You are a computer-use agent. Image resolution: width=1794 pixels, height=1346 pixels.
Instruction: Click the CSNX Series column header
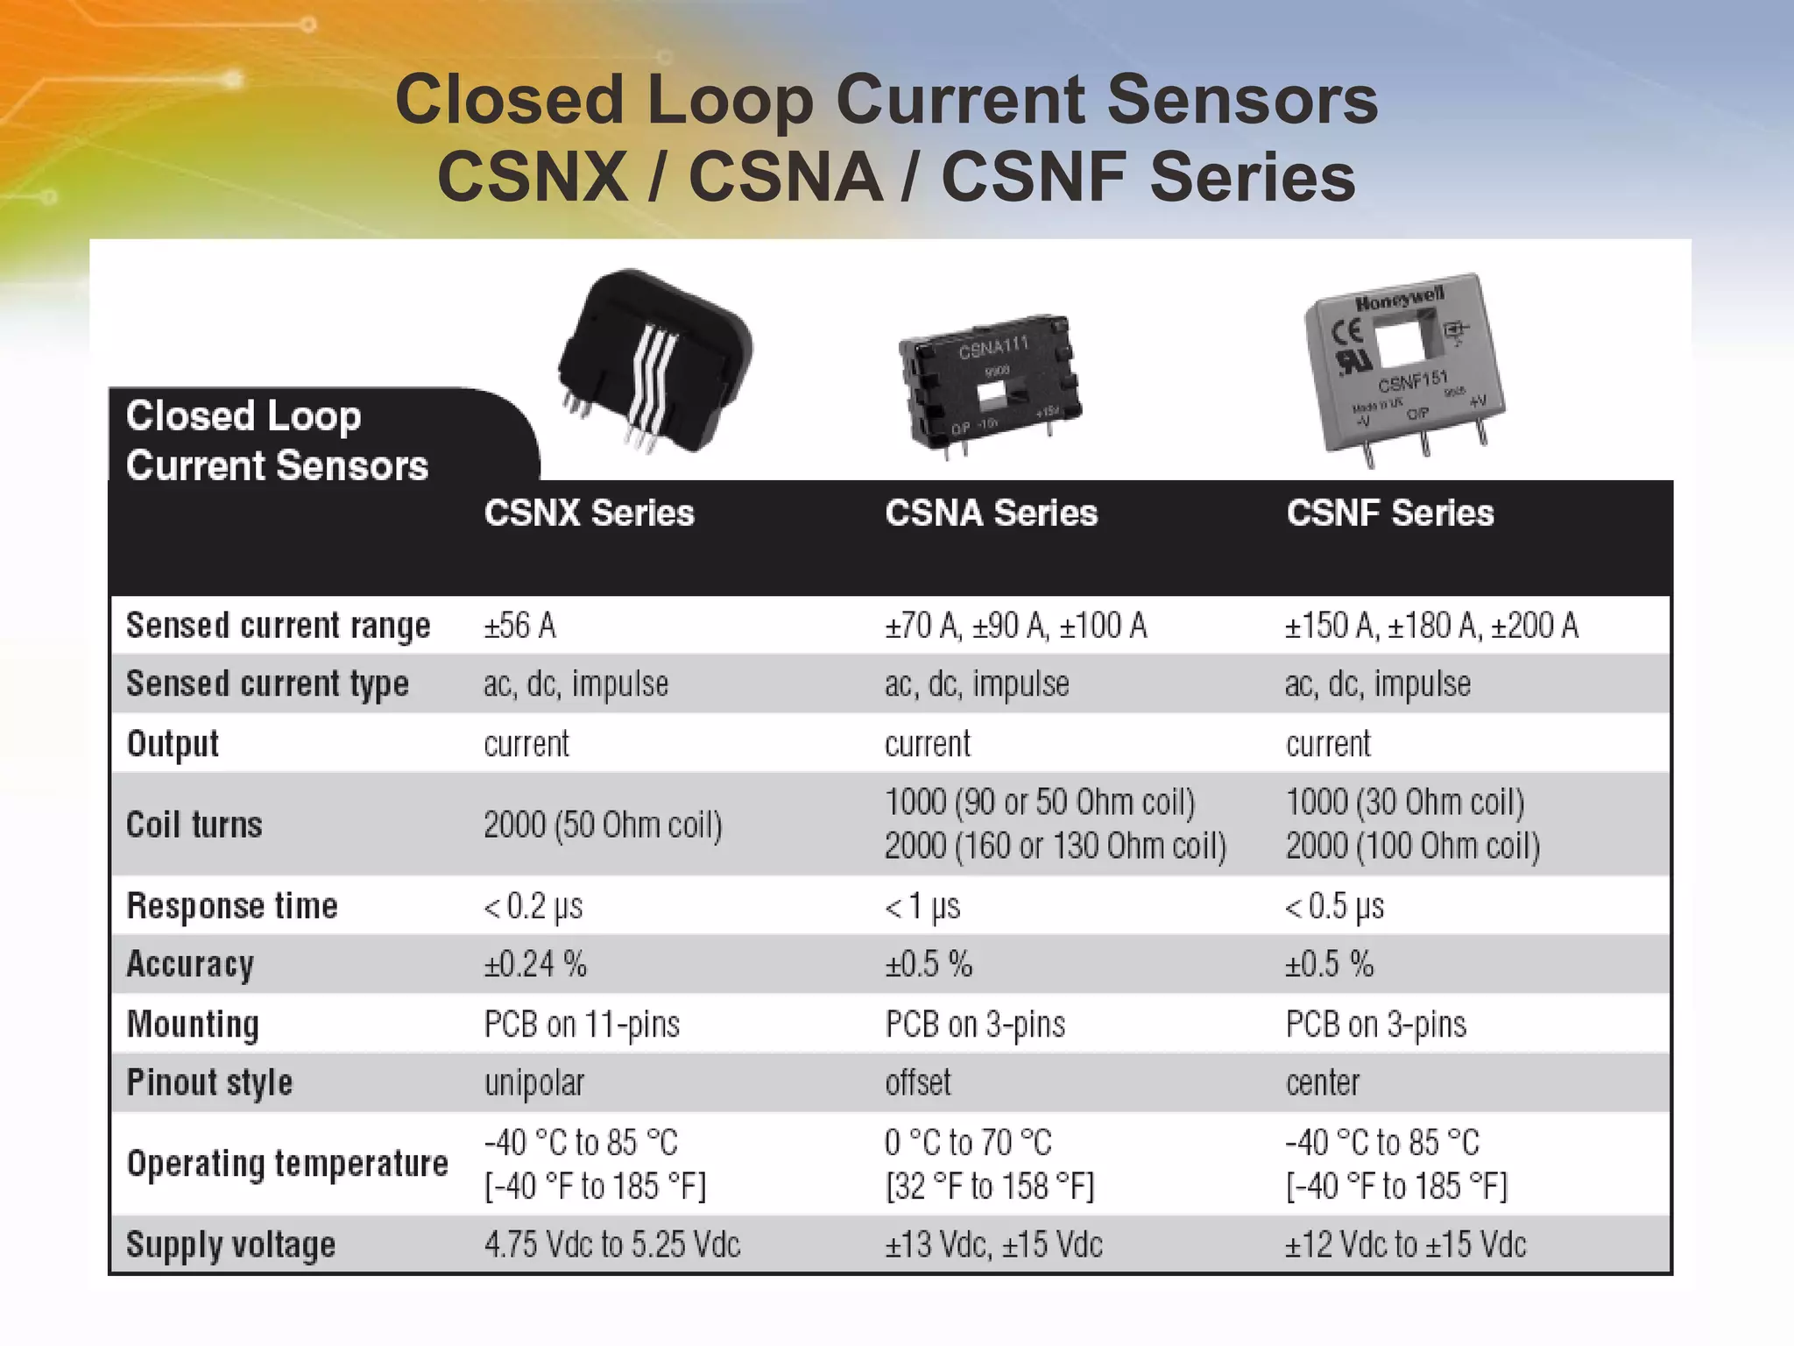point(589,514)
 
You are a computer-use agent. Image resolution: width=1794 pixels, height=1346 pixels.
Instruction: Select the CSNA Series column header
point(991,514)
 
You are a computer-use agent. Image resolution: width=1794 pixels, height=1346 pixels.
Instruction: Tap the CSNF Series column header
point(1390,514)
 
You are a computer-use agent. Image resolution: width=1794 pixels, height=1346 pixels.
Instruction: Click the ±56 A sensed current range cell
point(519,626)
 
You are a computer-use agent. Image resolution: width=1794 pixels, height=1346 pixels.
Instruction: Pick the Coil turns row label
point(194,825)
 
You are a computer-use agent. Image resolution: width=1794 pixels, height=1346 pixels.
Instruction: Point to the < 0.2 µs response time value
point(533,906)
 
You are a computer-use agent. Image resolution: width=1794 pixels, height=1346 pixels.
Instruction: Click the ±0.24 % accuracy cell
point(535,965)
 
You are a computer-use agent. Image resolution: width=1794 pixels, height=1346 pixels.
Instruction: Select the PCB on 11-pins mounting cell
point(582,1024)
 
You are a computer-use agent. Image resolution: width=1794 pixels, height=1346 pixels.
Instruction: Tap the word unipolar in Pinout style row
point(533,1083)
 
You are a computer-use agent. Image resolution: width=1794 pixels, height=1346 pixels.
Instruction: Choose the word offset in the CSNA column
point(917,1083)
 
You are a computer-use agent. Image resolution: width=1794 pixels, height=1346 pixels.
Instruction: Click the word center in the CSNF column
point(1323,1083)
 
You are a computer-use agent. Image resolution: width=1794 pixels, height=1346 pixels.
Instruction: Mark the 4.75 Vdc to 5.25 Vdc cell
point(611,1244)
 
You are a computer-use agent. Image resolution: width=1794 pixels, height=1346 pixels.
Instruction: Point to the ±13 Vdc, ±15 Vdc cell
point(993,1244)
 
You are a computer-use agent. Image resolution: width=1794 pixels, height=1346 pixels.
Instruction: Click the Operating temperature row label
point(287,1164)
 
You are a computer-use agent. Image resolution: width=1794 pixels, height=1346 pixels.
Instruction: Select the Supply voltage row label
point(230,1244)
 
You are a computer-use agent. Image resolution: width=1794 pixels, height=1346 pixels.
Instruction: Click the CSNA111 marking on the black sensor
point(992,348)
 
